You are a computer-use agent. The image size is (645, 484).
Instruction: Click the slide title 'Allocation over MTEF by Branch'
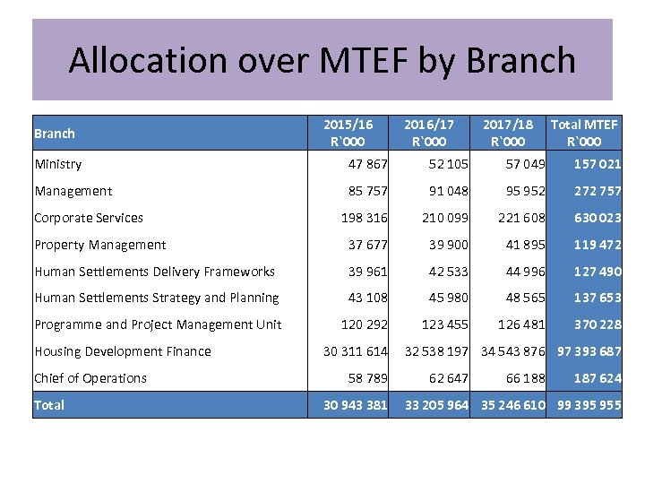[x=322, y=60]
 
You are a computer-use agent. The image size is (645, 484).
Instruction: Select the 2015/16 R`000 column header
[x=348, y=133]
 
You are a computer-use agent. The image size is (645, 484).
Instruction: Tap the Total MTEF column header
[x=584, y=133]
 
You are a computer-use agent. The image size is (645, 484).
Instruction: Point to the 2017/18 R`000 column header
[x=507, y=133]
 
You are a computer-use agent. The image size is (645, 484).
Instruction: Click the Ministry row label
[x=58, y=164]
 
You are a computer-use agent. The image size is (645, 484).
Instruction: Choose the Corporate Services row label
[x=89, y=218]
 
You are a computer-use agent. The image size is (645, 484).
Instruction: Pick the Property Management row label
[x=100, y=245]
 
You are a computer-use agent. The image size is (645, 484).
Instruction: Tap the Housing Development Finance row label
[x=123, y=351]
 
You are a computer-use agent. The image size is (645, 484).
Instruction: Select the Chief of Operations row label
[x=90, y=378]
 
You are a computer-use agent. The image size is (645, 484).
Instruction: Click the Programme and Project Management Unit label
[x=158, y=324]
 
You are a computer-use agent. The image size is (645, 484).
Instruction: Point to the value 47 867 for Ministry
[x=367, y=164]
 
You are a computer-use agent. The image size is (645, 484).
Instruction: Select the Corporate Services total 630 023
[x=598, y=218]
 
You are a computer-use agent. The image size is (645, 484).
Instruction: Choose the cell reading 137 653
[x=598, y=298]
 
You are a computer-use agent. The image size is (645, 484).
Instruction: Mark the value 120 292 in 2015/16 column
[x=364, y=324]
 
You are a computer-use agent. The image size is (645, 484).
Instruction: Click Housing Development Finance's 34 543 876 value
[x=513, y=351]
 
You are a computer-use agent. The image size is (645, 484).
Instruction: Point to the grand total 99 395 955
[x=589, y=405]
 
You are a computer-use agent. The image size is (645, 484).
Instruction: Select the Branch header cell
[x=55, y=134]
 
